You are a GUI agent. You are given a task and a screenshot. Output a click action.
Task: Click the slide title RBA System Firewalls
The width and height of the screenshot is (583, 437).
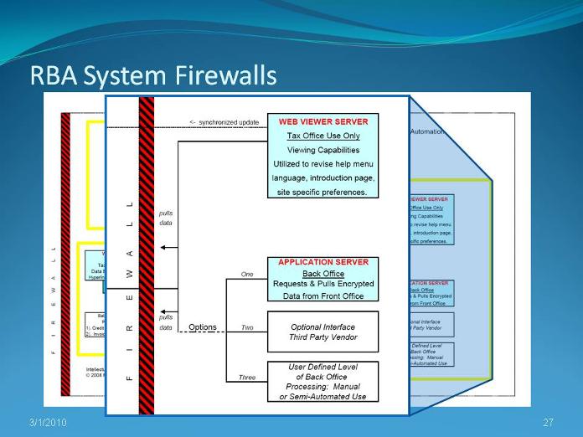point(153,76)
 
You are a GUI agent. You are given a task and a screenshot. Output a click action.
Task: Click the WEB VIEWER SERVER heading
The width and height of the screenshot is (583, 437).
point(323,121)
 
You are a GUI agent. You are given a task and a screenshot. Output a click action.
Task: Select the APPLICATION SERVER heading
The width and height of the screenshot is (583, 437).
point(322,262)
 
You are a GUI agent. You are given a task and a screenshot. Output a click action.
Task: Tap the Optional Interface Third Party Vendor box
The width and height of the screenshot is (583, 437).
point(323,332)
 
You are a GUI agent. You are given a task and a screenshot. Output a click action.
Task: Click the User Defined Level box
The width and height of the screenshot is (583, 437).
point(323,381)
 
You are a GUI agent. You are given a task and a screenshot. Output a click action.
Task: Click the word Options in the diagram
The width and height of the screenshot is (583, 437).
point(203,327)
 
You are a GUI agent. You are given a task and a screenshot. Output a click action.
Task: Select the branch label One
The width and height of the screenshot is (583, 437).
point(246,274)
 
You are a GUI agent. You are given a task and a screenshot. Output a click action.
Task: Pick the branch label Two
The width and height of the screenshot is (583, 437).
point(246,328)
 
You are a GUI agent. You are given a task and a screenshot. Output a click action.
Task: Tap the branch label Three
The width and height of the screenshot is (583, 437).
point(246,378)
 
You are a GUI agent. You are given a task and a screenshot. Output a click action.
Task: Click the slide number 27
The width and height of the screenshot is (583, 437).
point(549,421)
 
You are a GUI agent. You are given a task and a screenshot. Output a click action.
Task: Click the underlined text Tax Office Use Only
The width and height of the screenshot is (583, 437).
point(322,135)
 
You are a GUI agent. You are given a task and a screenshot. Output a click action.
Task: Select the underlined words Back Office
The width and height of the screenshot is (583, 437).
point(322,274)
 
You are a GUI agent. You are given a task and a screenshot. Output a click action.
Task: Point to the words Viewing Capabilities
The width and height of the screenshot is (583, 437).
point(322,149)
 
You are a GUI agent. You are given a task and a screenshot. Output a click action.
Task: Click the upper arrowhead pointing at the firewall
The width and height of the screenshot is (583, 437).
point(164,247)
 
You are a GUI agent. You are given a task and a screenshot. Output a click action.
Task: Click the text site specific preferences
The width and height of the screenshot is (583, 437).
point(322,192)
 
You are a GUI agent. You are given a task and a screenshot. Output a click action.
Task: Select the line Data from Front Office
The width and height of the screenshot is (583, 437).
point(322,296)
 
